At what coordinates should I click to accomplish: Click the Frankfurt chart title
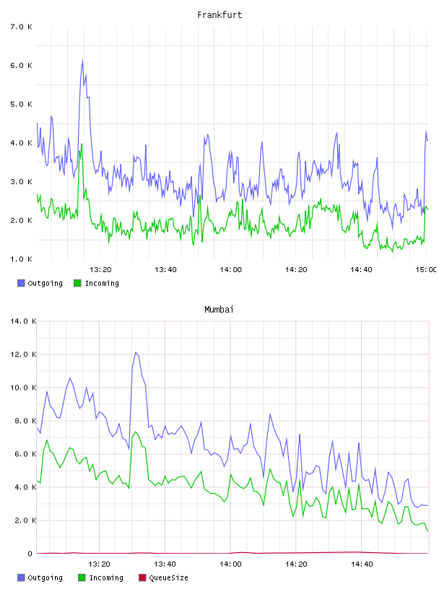pos(219,15)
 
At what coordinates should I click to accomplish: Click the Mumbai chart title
pos(219,310)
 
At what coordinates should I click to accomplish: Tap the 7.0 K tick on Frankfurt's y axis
pos(22,27)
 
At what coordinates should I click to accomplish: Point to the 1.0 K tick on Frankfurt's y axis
pos(22,259)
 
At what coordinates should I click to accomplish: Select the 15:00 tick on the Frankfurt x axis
pos(427,270)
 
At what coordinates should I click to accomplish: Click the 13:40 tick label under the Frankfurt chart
pos(165,270)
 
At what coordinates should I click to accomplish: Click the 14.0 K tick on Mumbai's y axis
pos(23,321)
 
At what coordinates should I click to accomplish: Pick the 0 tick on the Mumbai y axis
pos(30,554)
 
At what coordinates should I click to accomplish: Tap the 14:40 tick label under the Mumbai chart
pos(362,564)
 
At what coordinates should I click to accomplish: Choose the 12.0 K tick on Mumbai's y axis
pos(23,354)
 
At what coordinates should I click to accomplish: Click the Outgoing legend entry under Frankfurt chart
pos(40,283)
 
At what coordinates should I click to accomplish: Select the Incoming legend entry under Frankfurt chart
pos(96,283)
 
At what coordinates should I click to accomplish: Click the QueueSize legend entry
pos(163,577)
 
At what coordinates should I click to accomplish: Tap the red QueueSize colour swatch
pos(142,577)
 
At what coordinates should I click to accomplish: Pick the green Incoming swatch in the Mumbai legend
pos(82,577)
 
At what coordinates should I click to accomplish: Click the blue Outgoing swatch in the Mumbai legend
pos(21,577)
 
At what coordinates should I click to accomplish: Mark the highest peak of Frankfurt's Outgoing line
pos(83,60)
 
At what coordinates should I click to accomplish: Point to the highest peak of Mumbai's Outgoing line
pos(136,352)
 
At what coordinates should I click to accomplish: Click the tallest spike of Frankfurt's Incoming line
pos(81,144)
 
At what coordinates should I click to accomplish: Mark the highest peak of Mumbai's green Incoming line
pos(136,432)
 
